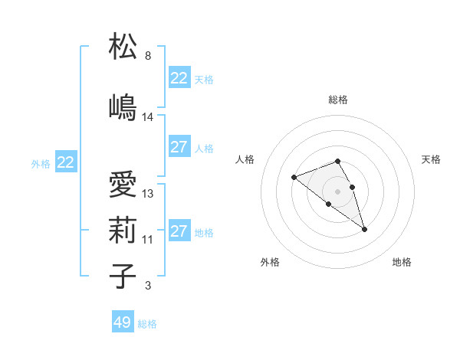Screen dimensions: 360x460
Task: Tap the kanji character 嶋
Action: click(123, 106)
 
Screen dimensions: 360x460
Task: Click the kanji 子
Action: click(123, 276)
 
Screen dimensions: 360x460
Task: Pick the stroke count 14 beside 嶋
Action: click(148, 117)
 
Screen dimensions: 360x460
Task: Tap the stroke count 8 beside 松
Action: click(148, 56)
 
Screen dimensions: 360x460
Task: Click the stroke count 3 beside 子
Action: click(148, 286)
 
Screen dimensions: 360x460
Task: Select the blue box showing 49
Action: click(123, 322)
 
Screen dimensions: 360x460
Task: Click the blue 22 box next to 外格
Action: click(65, 162)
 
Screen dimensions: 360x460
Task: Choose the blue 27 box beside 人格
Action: click(179, 148)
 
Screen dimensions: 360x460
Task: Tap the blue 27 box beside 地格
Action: click(179, 231)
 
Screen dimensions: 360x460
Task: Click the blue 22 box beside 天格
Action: click(179, 78)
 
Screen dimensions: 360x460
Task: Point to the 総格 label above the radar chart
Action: click(337, 100)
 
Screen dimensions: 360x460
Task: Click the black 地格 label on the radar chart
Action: click(402, 262)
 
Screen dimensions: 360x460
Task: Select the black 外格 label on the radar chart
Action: click(270, 262)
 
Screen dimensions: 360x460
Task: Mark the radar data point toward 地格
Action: click(364, 229)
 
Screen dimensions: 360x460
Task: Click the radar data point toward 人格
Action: click(294, 178)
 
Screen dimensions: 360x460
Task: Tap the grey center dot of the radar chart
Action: click(337, 191)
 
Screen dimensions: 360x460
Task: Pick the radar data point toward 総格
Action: click(337, 161)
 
